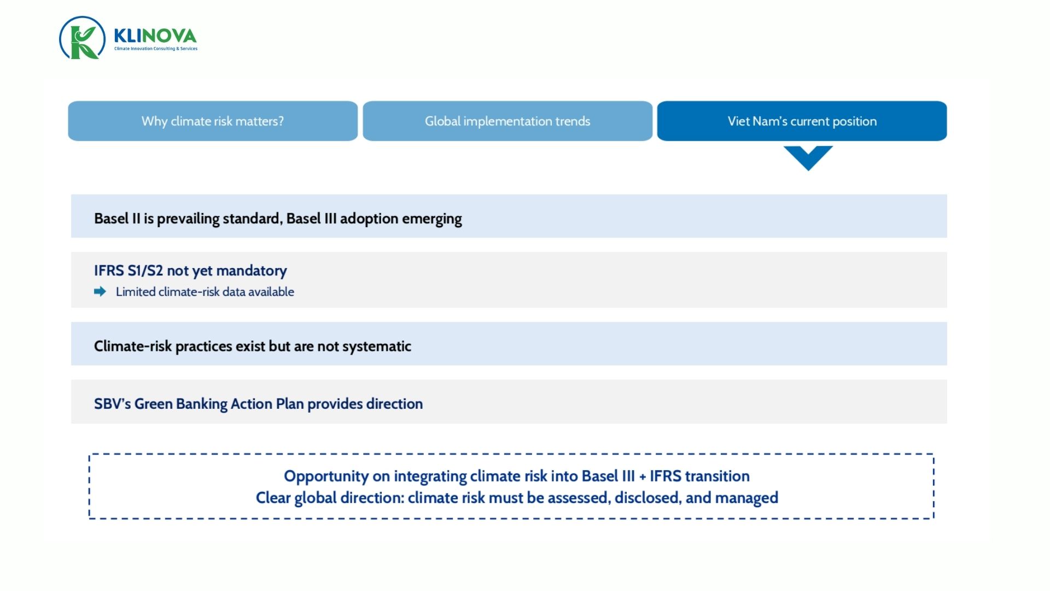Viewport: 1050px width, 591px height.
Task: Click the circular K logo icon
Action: [x=82, y=38]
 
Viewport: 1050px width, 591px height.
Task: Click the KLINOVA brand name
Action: [x=155, y=36]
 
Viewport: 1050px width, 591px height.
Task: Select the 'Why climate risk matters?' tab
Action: [x=213, y=121]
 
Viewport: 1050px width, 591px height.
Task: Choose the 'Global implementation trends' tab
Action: [x=507, y=121]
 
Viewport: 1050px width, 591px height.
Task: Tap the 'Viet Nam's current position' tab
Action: [x=802, y=121]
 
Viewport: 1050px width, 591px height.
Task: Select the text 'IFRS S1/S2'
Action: [x=129, y=270]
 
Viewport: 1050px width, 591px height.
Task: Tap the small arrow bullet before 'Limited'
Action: [x=100, y=292]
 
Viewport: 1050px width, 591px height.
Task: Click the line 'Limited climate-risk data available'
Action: [x=205, y=292]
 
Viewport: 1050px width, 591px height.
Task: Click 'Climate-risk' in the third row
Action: [x=133, y=346]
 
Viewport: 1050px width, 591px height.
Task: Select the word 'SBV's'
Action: [x=112, y=404]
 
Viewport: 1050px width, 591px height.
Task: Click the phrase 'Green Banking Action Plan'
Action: [x=219, y=404]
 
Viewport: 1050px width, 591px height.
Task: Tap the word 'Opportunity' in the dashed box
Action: [x=326, y=476]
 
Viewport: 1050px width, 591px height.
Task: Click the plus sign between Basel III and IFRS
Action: [x=642, y=477]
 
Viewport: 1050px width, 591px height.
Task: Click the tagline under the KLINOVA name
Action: [x=155, y=49]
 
